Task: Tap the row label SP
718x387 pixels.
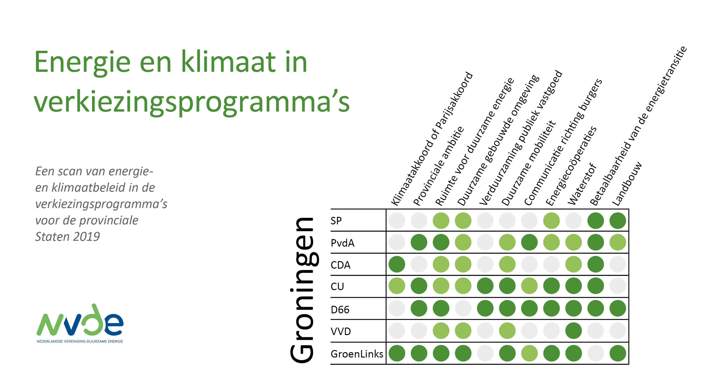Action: coord(336,221)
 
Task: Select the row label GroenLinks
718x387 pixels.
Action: coord(357,354)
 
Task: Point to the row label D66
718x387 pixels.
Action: coord(340,309)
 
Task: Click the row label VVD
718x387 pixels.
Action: coord(341,332)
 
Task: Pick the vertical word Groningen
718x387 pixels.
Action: coord(303,290)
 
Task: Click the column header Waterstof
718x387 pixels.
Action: coord(582,184)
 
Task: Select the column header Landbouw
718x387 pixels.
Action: coord(627,184)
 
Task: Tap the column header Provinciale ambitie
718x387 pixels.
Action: coord(438,166)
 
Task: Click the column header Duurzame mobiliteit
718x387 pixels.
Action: coord(528,163)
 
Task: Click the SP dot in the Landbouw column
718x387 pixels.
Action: coord(618,220)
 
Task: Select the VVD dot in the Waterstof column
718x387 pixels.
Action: coord(573,331)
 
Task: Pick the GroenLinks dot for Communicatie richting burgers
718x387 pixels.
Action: coord(529,353)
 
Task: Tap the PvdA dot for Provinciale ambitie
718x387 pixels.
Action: coord(419,242)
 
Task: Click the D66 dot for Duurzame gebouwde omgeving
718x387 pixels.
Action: coord(463,308)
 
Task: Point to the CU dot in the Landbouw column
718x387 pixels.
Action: coord(618,286)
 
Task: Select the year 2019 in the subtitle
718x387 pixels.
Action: coord(87,237)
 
